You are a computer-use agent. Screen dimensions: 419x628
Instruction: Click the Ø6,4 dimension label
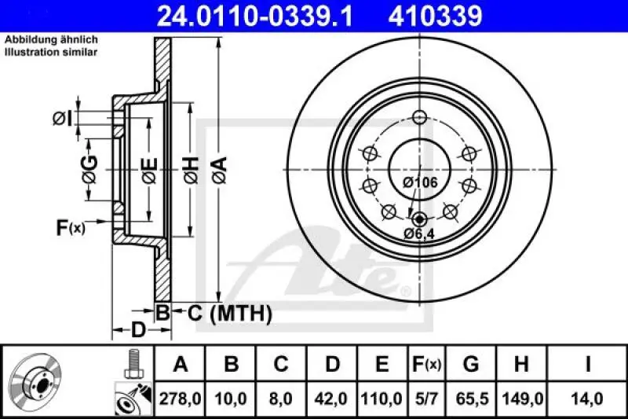418,233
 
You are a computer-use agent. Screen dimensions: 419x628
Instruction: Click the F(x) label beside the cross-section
70,228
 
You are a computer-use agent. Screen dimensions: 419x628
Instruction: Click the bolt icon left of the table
132,363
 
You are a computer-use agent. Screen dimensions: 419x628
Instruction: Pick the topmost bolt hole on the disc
418,118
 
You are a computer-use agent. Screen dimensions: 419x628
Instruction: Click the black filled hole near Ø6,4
418,219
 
